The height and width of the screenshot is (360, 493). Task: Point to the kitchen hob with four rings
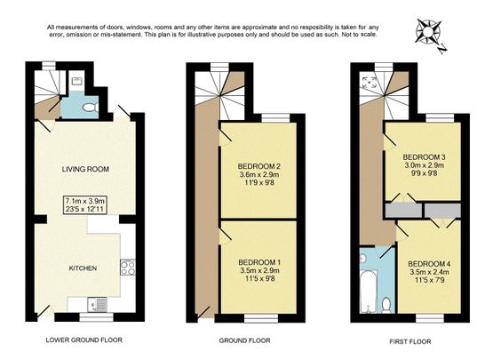[127, 265]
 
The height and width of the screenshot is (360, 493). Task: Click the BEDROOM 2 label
[259, 166]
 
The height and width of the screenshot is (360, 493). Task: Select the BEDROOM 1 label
[259, 262]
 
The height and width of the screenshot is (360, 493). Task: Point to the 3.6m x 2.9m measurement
[259, 177]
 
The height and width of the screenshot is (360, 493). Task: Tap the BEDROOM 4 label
[429, 264]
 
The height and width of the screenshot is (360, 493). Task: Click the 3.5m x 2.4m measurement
[429, 274]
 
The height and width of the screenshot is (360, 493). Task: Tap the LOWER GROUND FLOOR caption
[83, 340]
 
